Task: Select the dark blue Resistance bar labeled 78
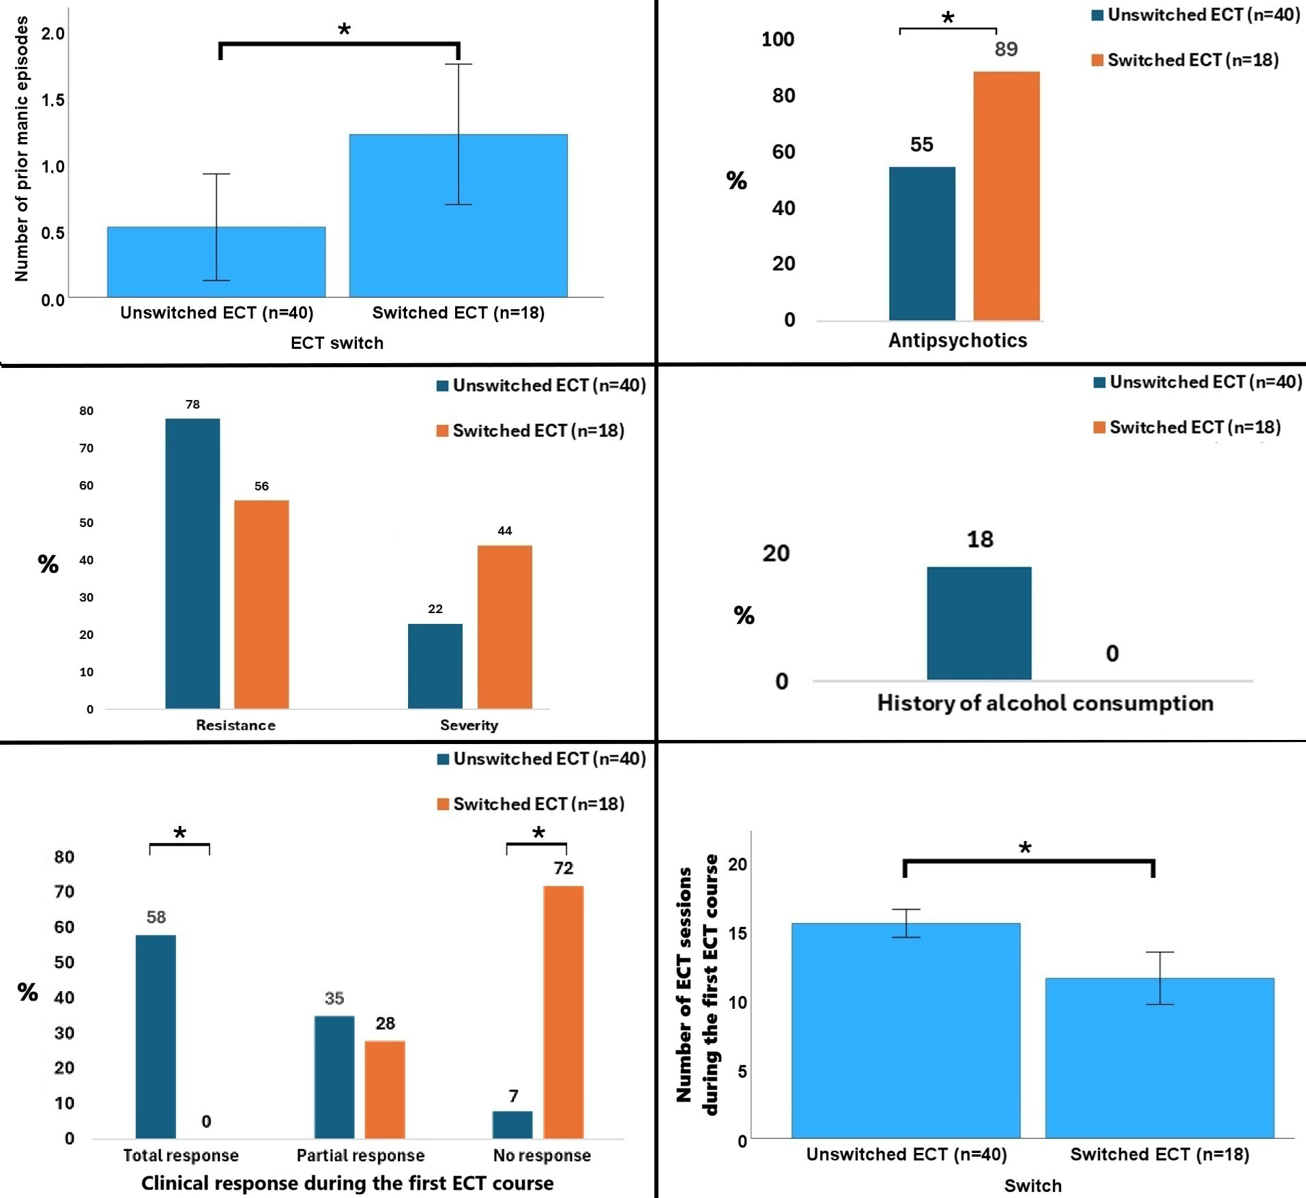[x=192, y=563]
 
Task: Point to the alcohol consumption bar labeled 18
[x=978, y=623]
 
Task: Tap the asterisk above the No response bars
[x=538, y=833]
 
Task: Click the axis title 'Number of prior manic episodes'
[x=22, y=149]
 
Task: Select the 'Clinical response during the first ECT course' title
[x=347, y=1182]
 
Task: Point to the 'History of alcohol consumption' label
[x=1045, y=702]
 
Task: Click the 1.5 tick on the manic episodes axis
[x=53, y=100]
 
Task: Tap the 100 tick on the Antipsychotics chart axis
[x=777, y=39]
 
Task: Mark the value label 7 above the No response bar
[x=513, y=1096]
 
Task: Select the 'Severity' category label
[x=469, y=725]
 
